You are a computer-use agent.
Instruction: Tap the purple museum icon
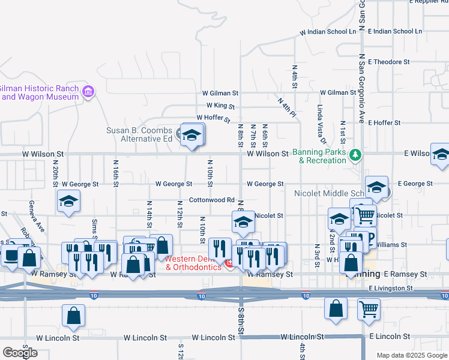click(x=89, y=92)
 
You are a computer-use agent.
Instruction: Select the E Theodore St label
click(x=389, y=62)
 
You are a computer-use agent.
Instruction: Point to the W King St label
click(x=218, y=106)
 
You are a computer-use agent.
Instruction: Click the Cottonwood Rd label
click(x=211, y=200)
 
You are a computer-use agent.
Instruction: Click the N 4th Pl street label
click(x=288, y=106)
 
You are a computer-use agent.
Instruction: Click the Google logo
click(x=19, y=352)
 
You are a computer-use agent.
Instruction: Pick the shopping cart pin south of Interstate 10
click(x=369, y=308)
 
